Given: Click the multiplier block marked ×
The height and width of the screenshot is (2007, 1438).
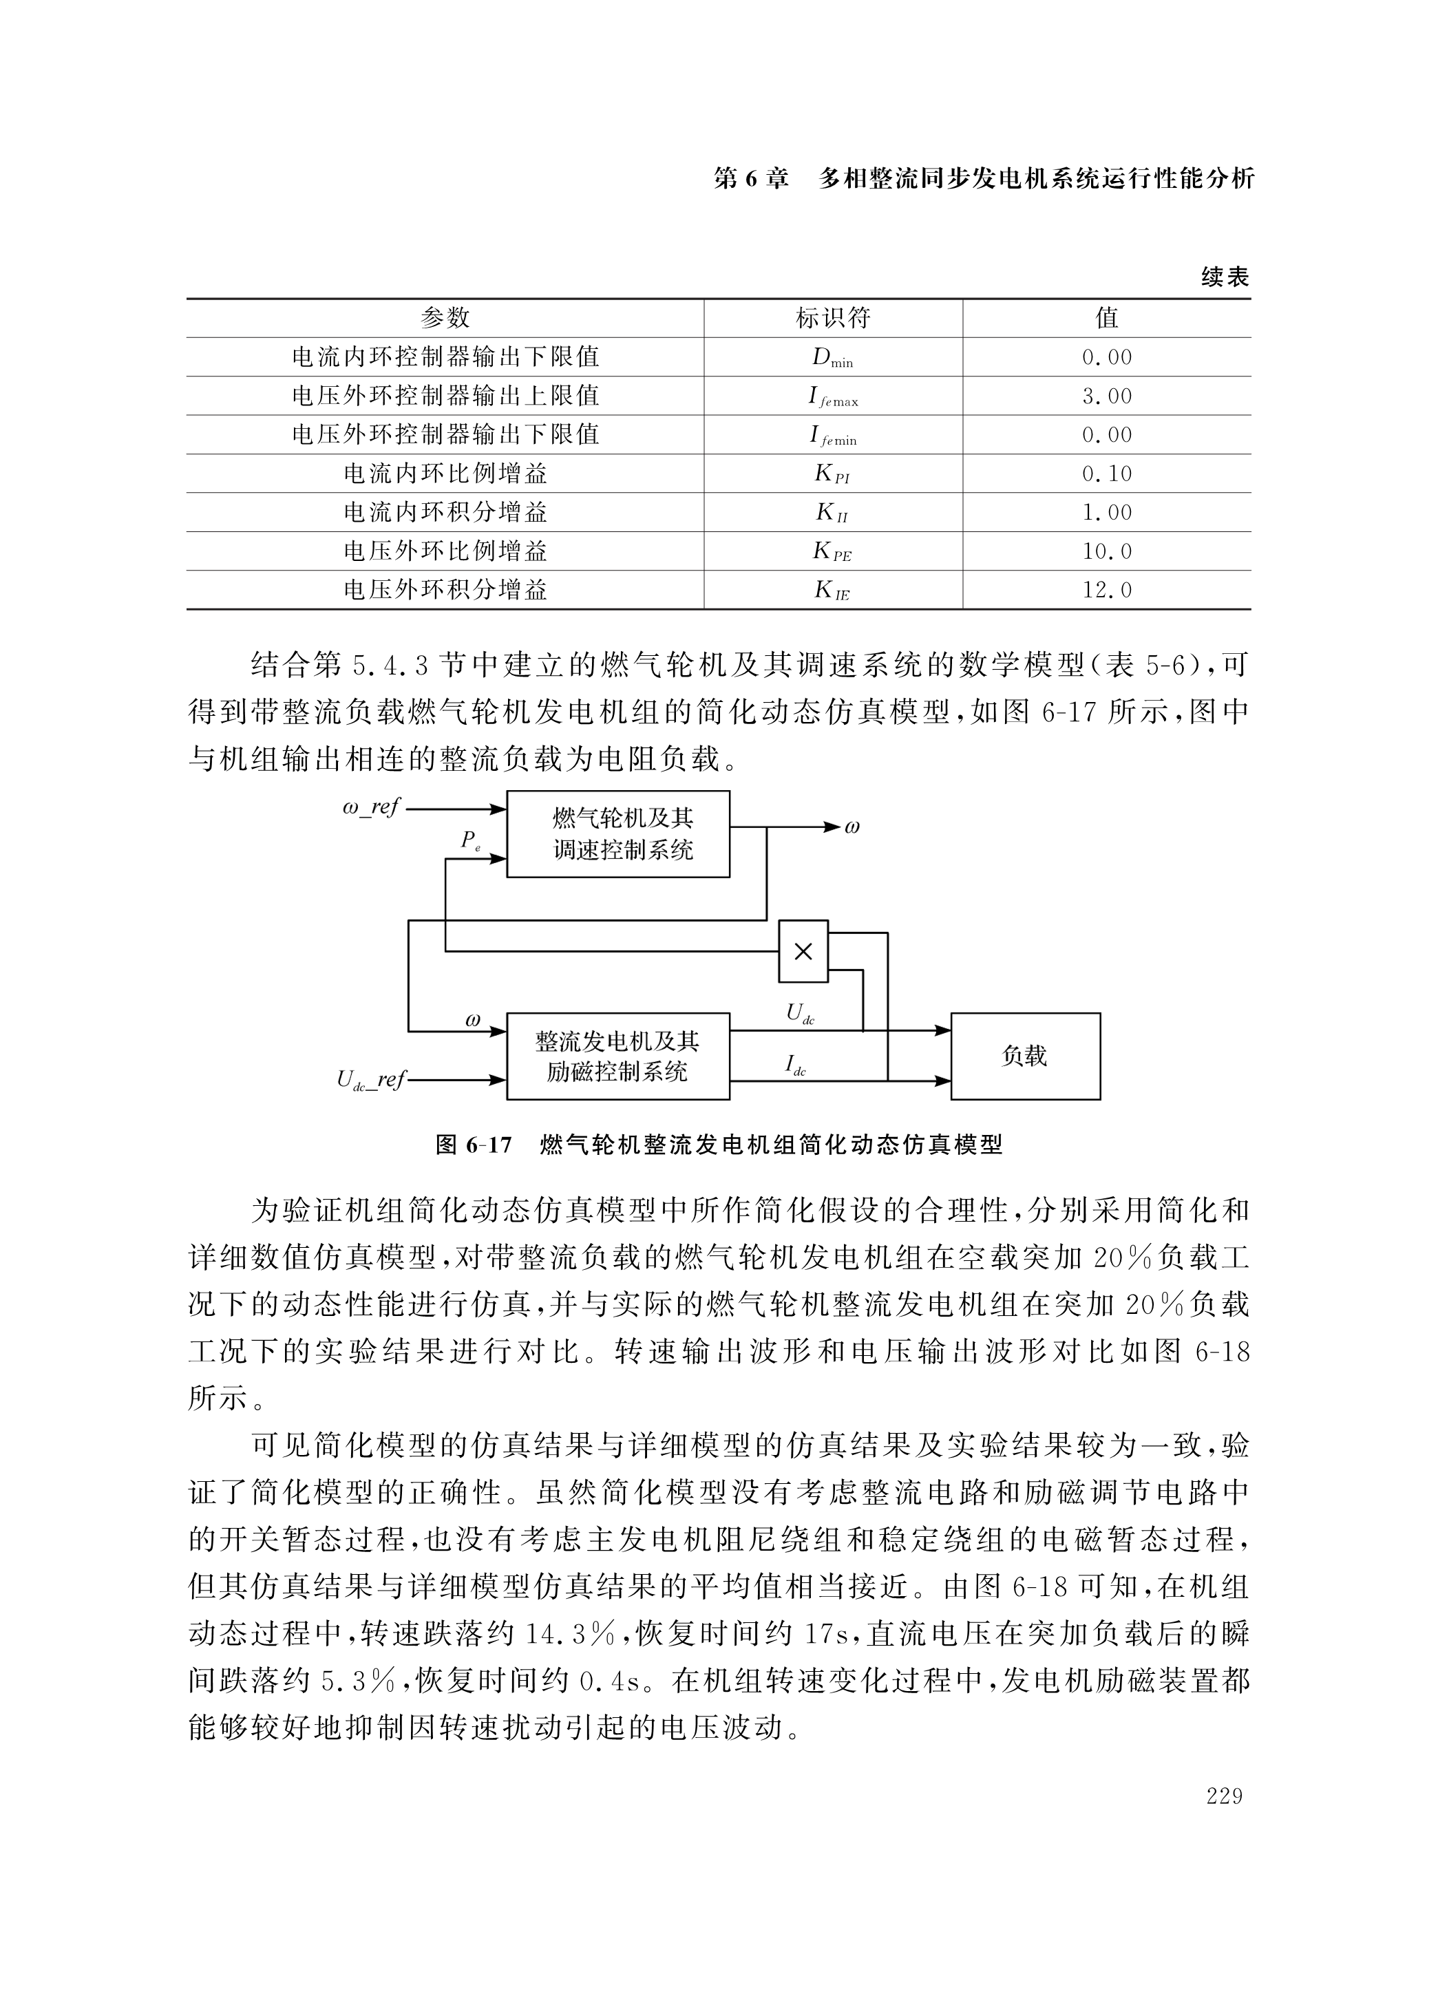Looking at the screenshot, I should tap(803, 951).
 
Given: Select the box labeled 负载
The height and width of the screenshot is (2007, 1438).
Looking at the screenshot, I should tap(1025, 1056).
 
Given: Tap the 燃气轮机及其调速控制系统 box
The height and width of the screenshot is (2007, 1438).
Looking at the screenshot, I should tap(617, 833).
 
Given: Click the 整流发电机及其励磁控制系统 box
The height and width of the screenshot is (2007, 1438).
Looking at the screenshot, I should tap(617, 1056).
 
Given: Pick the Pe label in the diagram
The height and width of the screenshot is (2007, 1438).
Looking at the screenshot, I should tap(471, 840).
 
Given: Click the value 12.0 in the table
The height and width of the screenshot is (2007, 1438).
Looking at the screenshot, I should tap(1106, 591).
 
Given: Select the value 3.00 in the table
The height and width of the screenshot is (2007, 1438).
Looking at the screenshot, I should tap(1106, 396).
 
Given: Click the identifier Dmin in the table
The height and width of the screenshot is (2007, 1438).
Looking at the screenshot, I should tap(832, 357).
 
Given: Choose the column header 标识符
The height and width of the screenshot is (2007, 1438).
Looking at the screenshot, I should tap(833, 318).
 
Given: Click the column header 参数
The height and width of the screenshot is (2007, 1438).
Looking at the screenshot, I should tap(445, 318).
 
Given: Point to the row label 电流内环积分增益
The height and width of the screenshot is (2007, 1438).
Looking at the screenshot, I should tap(445, 512).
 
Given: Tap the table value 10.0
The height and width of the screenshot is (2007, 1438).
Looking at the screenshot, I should tap(1106, 551).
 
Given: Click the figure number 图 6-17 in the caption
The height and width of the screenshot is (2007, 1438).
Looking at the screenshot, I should tap(474, 1145).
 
